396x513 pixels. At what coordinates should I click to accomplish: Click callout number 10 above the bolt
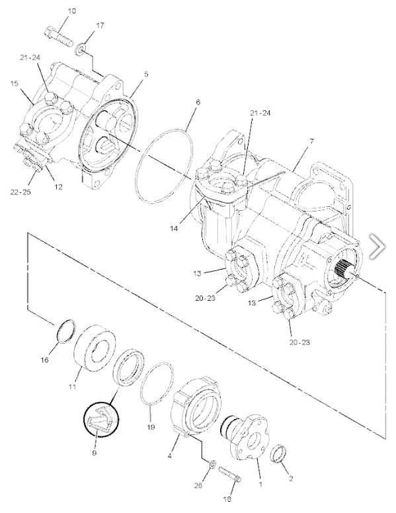tap(71, 11)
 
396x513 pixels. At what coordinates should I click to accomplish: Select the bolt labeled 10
tap(58, 36)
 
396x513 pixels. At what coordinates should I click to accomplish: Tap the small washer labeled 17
tap(81, 49)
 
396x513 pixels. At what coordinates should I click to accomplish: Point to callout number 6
tap(198, 102)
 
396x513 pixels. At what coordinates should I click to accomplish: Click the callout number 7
tap(311, 141)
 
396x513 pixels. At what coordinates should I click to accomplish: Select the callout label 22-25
tap(20, 192)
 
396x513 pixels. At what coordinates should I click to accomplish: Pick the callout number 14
tap(174, 228)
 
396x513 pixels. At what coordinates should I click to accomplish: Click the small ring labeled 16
tap(66, 331)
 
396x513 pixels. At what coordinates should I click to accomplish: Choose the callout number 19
tap(151, 426)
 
